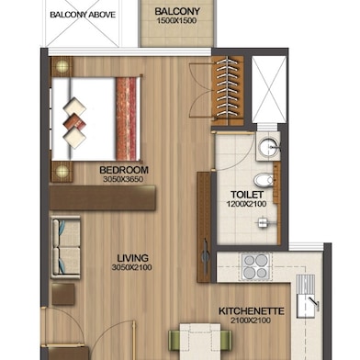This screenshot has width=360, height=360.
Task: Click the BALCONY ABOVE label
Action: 83,15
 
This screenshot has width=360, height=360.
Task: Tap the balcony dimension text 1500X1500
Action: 176,21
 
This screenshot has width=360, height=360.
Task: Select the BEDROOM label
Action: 124,170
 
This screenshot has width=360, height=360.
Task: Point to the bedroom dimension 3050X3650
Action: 123,179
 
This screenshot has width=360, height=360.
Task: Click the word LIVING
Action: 133,258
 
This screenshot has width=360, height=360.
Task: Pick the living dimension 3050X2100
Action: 131,267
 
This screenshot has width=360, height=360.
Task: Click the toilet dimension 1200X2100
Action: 246,204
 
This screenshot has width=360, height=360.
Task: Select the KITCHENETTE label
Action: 252,311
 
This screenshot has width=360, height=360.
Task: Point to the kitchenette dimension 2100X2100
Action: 251,321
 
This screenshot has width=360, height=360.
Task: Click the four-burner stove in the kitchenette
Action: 256,266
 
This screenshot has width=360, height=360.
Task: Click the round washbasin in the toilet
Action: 267,147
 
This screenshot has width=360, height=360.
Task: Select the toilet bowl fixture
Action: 264,181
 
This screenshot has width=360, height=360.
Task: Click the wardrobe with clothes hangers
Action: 228,91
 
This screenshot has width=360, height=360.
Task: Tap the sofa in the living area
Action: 65,247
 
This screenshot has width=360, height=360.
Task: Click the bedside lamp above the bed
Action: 62,66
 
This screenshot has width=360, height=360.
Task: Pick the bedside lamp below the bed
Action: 62,172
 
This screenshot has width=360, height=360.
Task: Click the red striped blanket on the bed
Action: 126,118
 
